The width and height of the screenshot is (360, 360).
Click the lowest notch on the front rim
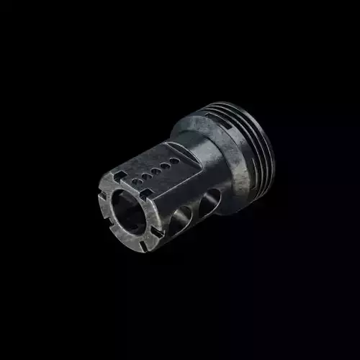coord(143,246)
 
